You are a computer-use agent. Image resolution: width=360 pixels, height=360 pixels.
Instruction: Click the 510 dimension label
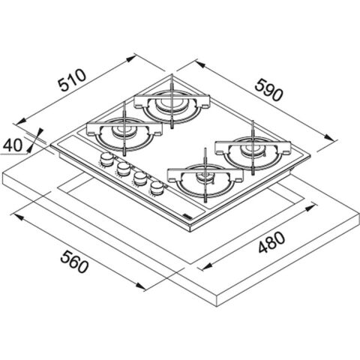[x=72, y=80]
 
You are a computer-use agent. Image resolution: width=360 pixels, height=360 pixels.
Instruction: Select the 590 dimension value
[x=269, y=90]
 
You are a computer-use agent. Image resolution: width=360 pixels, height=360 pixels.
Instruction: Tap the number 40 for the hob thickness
[x=13, y=145]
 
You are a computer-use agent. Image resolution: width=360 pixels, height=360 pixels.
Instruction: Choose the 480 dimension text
[x=271, y=242]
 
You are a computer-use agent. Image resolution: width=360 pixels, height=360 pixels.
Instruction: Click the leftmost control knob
[x=106, y=159]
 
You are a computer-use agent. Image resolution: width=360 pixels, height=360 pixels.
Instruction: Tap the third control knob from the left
[x=140, y=178]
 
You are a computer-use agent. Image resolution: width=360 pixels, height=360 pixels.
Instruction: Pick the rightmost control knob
[x=157, y=187]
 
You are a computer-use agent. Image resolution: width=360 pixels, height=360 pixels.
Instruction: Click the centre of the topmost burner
[x=171, y=103]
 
